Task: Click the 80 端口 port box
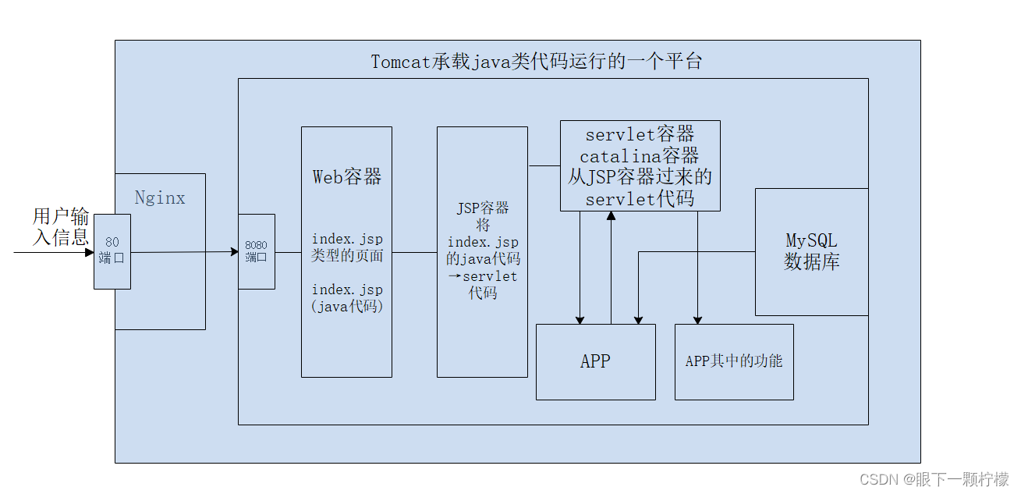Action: click(112, 251)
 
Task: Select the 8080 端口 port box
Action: click(256, 251)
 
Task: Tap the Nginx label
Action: click(160, 197)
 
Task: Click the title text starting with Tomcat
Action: click(536, 62)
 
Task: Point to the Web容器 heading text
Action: click(347, 177)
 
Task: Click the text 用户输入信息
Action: click(60, 226)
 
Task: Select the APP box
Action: click(595, 361)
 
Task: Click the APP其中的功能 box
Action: click(733, 361)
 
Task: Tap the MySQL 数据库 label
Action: click(811, 251)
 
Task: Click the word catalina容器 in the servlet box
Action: click(640, 156)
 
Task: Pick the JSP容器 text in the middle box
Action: click(482, 208)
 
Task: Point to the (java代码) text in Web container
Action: click(347, 307)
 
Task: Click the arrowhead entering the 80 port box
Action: click(89, 253)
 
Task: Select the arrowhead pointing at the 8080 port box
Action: click(233, 251)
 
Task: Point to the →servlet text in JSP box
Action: click(482, 276)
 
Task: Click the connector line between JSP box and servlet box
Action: click(544, 165)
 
